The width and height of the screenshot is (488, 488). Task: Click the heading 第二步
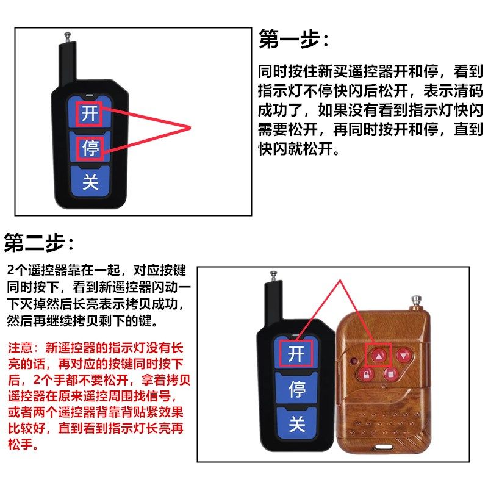[40, 242]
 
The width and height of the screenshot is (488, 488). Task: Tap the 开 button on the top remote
[90, 113]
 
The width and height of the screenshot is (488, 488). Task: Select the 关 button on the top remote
[90, 182]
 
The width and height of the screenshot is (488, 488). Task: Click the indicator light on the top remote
[90, 95]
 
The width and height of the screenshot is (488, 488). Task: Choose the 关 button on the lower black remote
[296, 423]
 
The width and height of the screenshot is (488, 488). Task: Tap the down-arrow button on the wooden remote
[403, 354]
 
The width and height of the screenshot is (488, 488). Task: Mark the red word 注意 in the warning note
[19, 348]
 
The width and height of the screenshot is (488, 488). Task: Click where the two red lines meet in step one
[191, 127]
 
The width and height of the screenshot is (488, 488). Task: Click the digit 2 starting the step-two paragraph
[11, 270]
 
